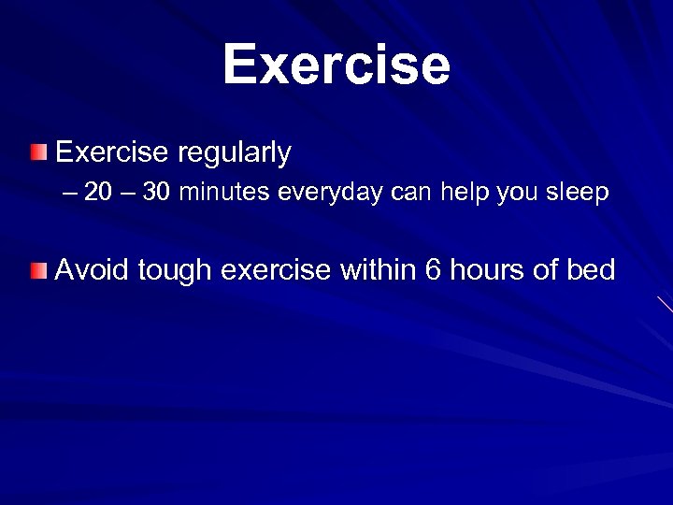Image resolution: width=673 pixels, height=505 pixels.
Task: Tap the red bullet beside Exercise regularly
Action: [x=36, y=151]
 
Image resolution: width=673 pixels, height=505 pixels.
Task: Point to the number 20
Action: [x=96, y=194]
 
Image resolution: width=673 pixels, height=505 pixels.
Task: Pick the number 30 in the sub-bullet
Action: [x=156, y=194]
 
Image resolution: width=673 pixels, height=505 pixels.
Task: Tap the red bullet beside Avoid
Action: [x=36, y=271]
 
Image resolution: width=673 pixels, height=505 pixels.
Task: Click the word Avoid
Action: [x=92, y=270]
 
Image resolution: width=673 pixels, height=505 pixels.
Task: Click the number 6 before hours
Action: [x=433, y=270]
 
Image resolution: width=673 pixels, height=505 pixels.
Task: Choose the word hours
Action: [x=484, y=270]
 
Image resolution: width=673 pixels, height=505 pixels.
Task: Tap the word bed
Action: [x=591, y=270]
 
